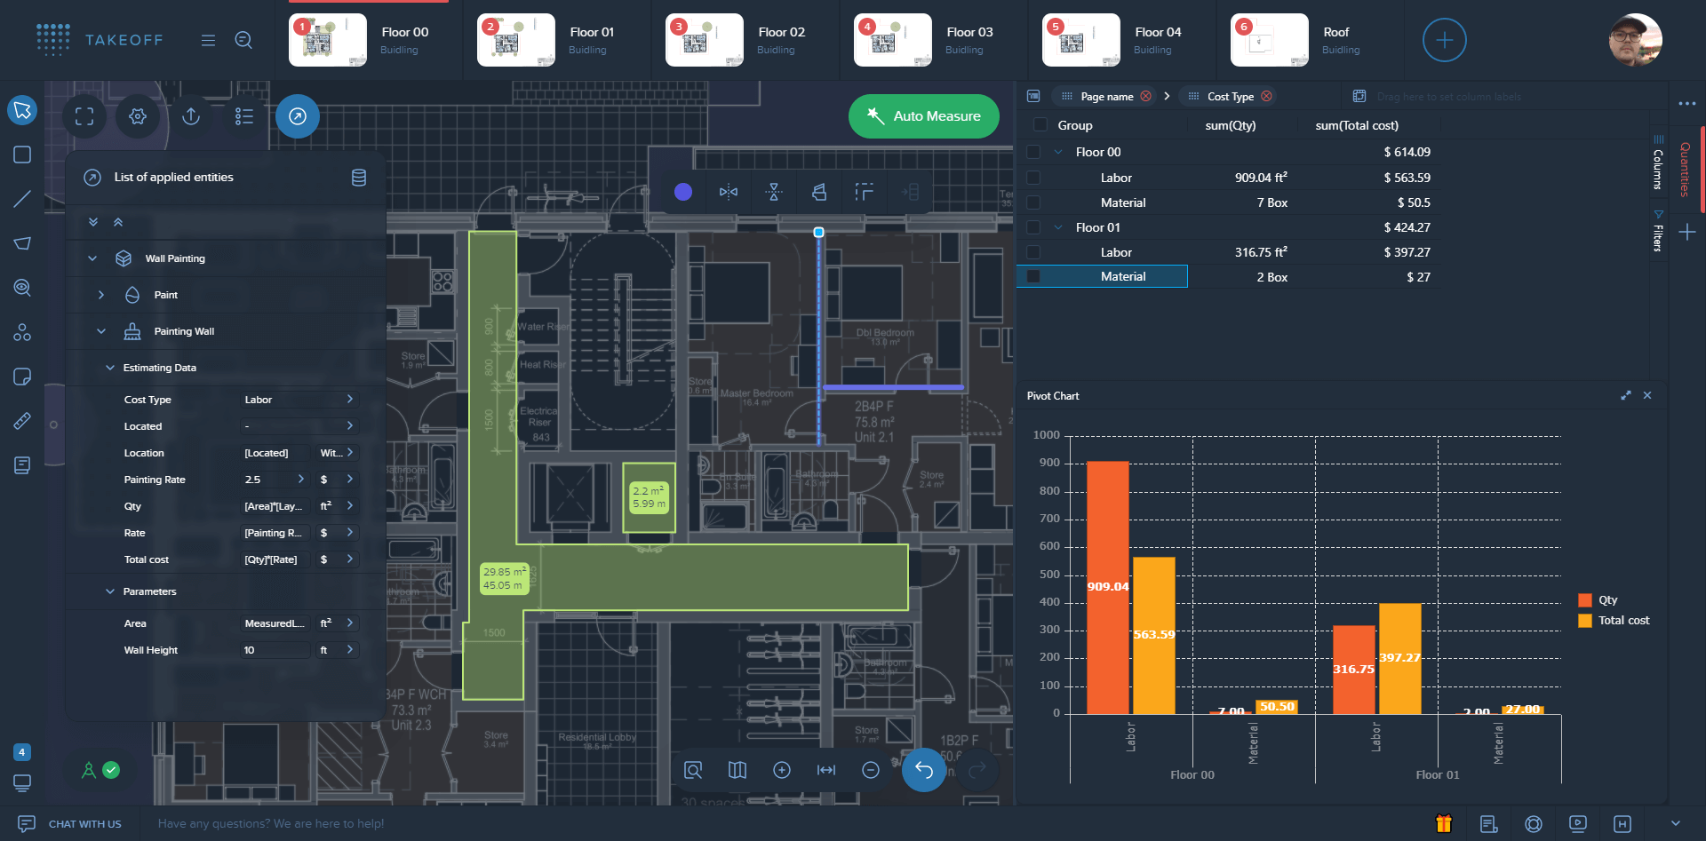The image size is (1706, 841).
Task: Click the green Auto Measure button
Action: pyautogui.click(x=923, y=116)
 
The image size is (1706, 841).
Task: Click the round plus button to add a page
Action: pyautogui.click(x=1444, y=40)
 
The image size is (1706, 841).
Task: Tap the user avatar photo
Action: pyautogui.click(x=1635, y=40)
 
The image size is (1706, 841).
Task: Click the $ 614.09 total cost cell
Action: pyautogui.click(x=1407, y=152)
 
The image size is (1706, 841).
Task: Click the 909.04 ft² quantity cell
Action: pyautogui.click(x=1260, y=178)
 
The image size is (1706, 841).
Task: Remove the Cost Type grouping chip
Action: pyautogui.click(x=1267, y=96)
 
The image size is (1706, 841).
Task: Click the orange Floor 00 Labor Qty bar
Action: pyautogui.click(x=1107, y=586)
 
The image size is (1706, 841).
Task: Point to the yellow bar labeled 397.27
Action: pyautogui.click(x=1399, y=657)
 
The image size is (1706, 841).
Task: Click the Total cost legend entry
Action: pyautogui.click(x=1622, y=621)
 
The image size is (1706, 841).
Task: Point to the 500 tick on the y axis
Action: pyautogui.click(x=1048, y=575)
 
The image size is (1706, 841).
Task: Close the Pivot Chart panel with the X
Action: pyautogui.click(x=1647, y=396)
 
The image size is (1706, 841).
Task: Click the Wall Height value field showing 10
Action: pyautogui.click(x=275, y=650)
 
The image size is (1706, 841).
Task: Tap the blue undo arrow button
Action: pyautogui.click(x=924, y=770)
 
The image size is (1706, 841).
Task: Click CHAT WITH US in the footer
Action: pyautogui.click(x=84, y=824)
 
